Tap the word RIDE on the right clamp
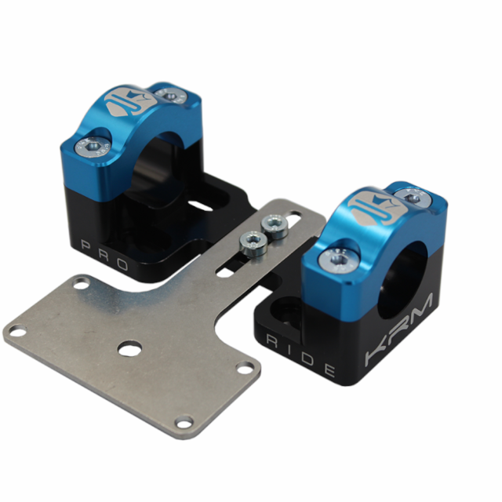(x=301, y=358)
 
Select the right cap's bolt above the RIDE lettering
(x=338, y=256)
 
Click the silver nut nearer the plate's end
(x=275, y=226)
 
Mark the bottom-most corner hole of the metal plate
(x=184, y=424)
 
